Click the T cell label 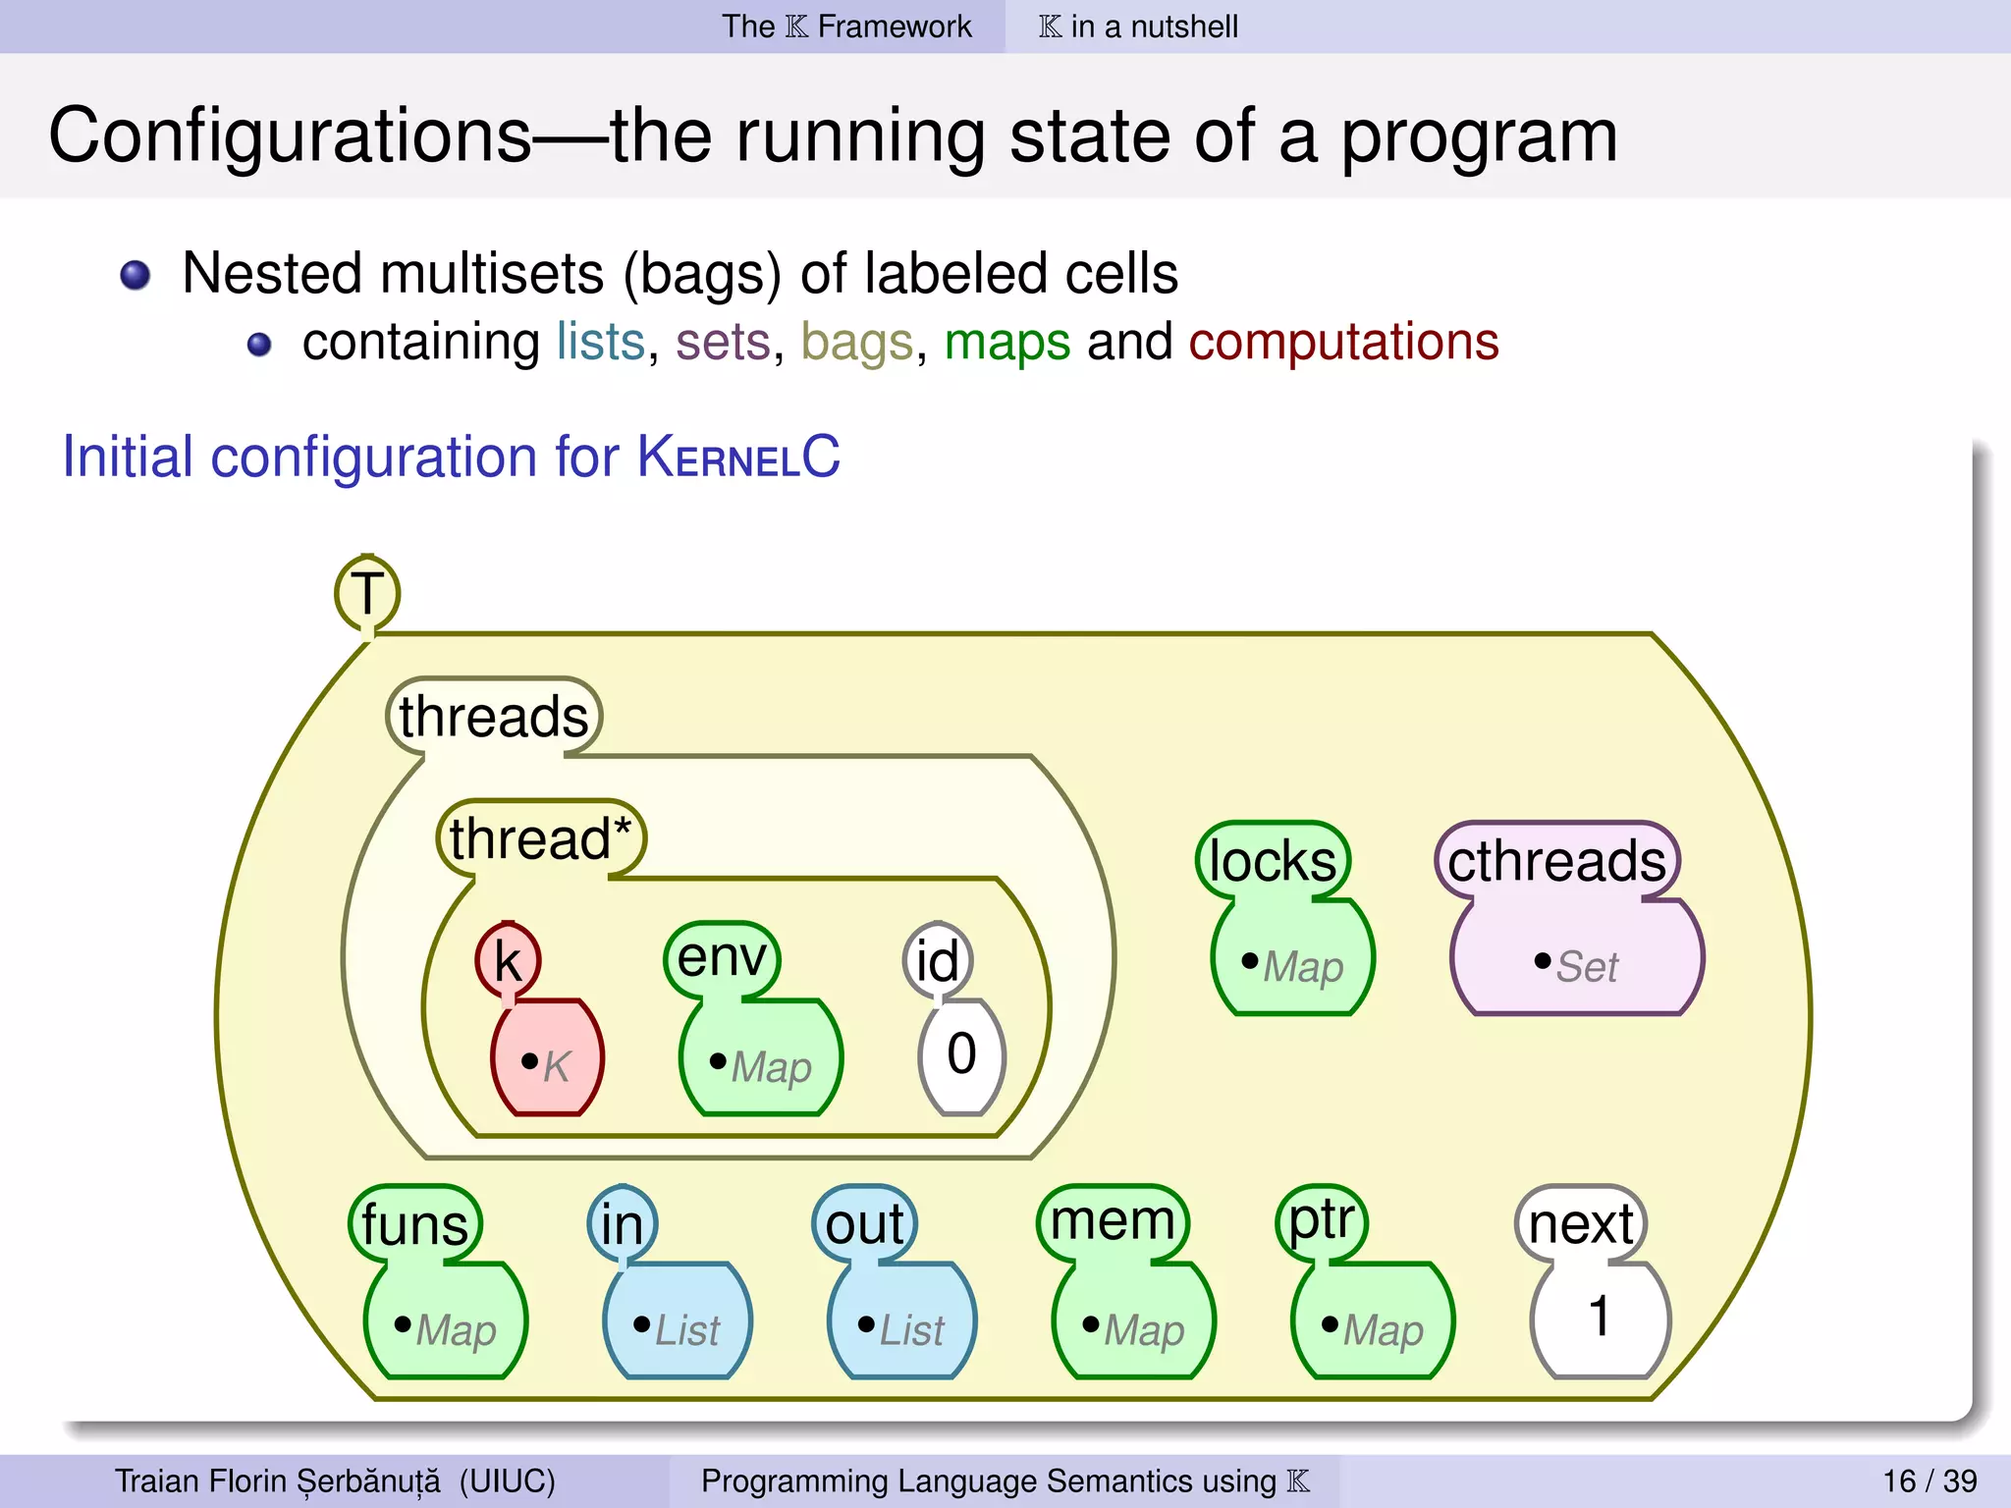pos(366,593)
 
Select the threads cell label pos(493,716)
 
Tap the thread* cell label pos(540,838)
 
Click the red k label pos(508,960)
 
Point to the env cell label pos(722,956)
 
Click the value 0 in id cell pos(961,1054)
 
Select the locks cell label pos(1273,861)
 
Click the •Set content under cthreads pos(1576,966)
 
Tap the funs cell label pos(414,1224)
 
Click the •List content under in pos(677,1329)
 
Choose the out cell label pos(864,1224)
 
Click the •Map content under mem pos(1133,1329)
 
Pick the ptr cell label pos(1322,1220)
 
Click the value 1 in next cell pos(1600,1317)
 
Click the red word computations pos(1343,342)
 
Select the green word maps pos(1006,342)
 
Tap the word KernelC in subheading pos(738,457)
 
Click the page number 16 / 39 pos(1929,1481)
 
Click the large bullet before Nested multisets pos(136,276)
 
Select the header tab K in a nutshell pos(1138,27)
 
